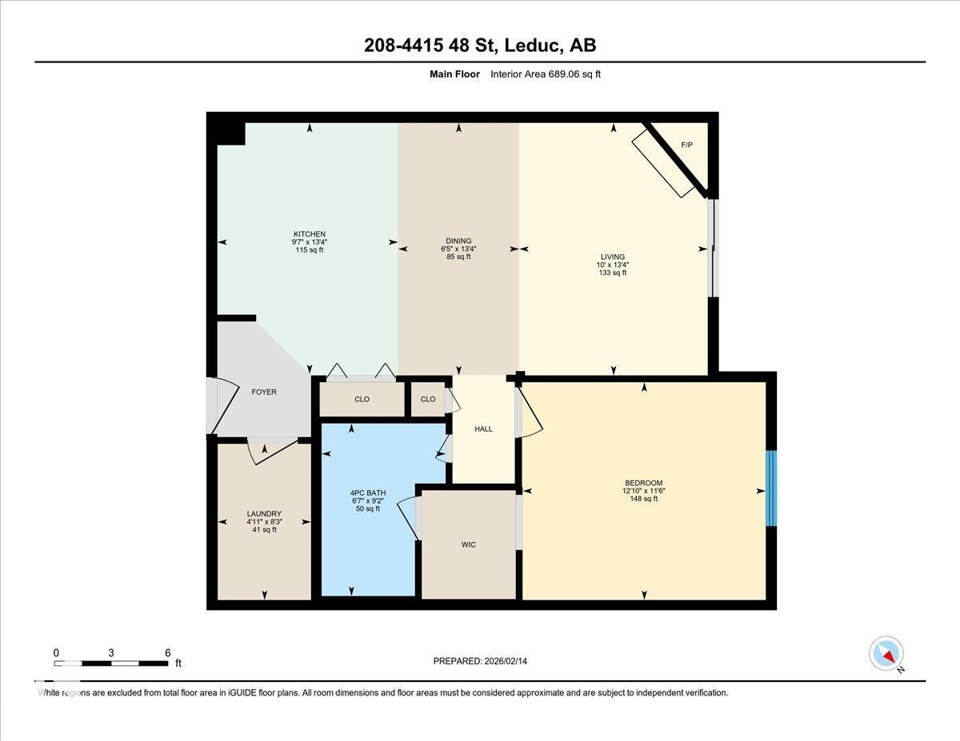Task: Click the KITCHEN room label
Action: click(x=309, y=233)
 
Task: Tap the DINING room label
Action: click(x=458, y=241)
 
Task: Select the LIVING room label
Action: click(x=613, y=257)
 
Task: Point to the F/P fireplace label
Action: click(x=686, y=145)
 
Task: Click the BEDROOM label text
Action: click(x=643, y=483)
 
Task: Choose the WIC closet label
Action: click(x=469, y=544)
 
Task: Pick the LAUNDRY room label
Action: click(x=264, y=514)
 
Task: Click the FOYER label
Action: click(x=264, y=392)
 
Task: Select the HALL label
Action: click(x=483, y=429)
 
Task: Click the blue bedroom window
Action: click(x=771, y=488)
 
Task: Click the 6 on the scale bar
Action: click(x=167, y=652)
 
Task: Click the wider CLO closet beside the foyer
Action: click(x=362, y=399)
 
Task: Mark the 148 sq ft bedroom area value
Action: click(x=643, y=499)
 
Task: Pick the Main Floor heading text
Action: click(x=454, y=74)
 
